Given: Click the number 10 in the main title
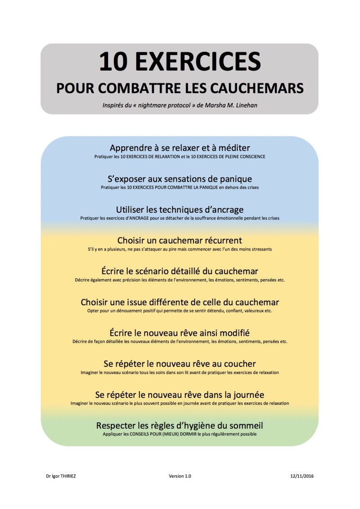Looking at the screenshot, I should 113,62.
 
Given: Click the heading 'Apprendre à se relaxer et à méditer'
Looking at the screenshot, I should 180,147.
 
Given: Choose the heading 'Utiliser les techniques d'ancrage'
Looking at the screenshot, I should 180,210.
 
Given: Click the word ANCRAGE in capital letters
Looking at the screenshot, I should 142,218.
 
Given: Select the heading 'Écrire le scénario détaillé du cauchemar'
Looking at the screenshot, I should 180,271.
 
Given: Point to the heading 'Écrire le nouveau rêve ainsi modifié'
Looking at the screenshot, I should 180,333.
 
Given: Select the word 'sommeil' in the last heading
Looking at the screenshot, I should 245,425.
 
